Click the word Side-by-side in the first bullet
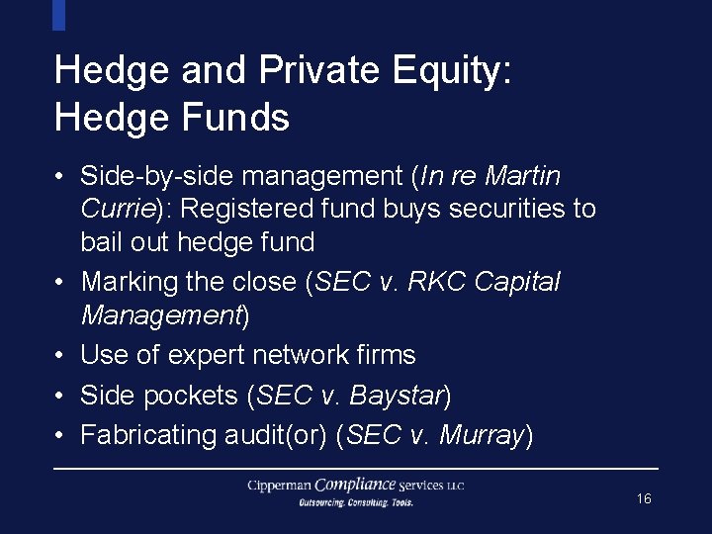pyautogui.click(x=157, y=177)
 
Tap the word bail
pyautogui.click(x=99, y=242)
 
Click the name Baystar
pyautogui.click(x=397, y=396)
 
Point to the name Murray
pyautogui.click(x=481, y=436)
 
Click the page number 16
pyautogui.click(x=644, y=499)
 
